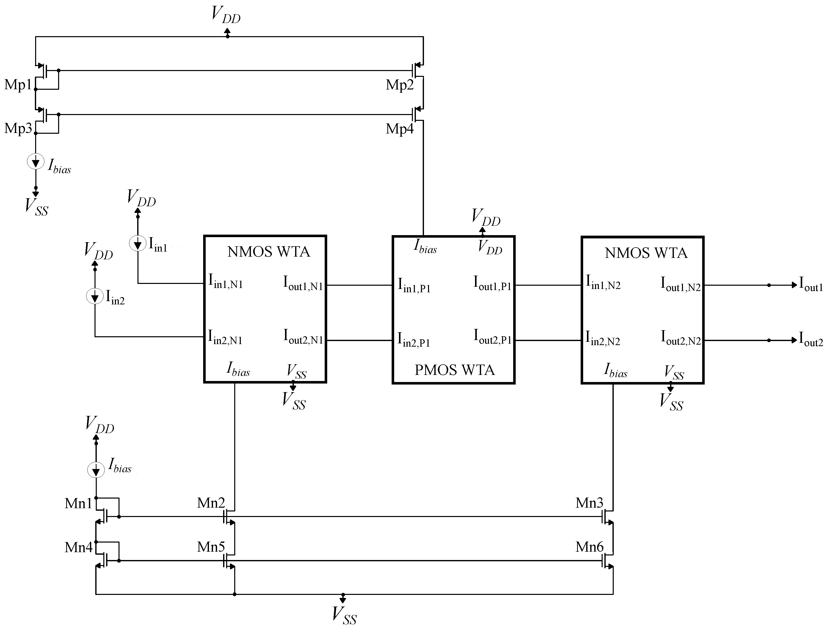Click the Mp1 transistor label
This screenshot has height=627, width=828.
(18, 85)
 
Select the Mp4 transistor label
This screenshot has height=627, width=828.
(399, 129)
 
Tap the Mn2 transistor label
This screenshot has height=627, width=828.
(211, 503)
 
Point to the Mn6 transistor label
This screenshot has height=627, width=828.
(589, 547)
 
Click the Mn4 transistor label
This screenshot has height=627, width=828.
(78, 548)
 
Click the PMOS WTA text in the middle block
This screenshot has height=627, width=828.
(454, 370)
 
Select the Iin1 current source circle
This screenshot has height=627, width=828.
(138, 244)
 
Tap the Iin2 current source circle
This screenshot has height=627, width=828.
(95, 297)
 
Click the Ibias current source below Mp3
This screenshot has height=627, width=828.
(36, 162)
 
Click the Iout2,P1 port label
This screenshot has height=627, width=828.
(492, 337)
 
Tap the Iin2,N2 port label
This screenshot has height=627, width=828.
(603, 338)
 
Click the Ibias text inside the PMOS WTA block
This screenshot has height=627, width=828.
(425, 247)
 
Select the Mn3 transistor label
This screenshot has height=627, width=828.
(589, 503)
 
